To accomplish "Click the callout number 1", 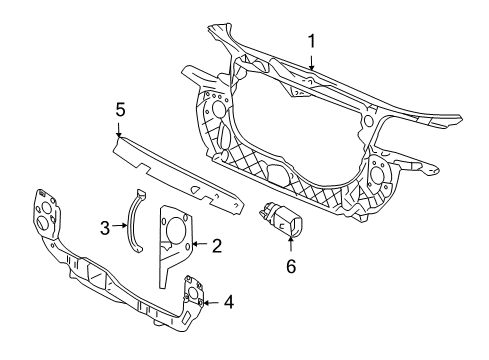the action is point(311,42).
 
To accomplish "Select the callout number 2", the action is point(217,246).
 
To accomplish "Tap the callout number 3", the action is point(105,228).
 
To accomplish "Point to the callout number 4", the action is point(229,302).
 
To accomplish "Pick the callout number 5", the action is point(120,110).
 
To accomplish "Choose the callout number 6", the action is point(291,266).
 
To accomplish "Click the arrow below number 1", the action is point(311,63).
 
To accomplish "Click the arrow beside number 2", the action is point(201,244).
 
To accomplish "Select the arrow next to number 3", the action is point(119,226).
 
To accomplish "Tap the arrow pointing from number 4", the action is point(211,303).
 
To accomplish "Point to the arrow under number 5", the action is point(119,130).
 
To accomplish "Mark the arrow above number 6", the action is point(291,244).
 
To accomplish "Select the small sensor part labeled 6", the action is point(281,219).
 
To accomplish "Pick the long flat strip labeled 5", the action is point(178,175).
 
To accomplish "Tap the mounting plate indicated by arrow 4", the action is point(194,293).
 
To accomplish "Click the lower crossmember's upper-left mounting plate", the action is point(47,214).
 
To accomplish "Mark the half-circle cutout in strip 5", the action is point(194,189).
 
